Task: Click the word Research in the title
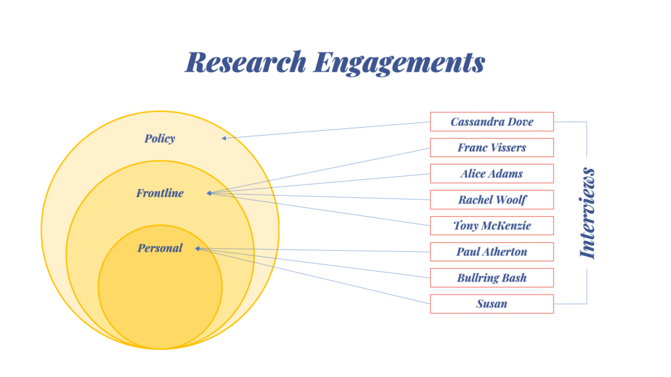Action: [246, 62]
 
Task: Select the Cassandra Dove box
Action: [491, 122]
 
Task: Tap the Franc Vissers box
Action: [491, 147]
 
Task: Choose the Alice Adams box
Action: [491, 173]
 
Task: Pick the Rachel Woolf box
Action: [491, 200]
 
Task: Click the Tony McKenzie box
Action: [491, 226]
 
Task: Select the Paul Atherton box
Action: [491, 252]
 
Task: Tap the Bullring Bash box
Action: [491, 278]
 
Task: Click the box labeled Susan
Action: [491, 304]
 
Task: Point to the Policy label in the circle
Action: [160, 139]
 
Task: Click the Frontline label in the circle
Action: [160, 193]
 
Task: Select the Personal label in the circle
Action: [160, 248]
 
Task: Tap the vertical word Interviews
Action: [588, 213]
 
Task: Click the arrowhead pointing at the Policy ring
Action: [224, 137]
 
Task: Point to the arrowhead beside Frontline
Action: [208, 193]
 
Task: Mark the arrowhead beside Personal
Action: [198, 249]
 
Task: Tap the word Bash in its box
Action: [513, 278]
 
